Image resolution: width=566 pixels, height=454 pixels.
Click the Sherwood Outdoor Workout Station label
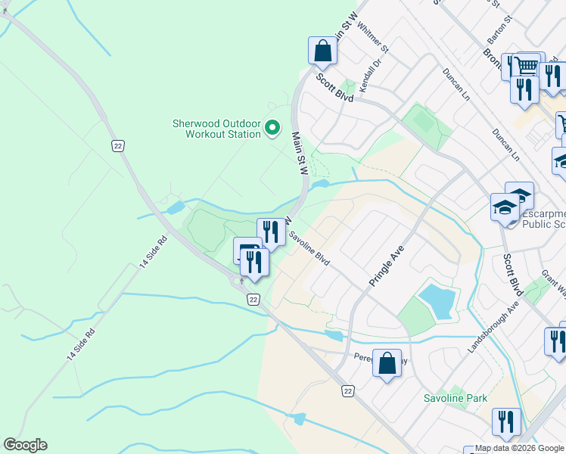[x=216, y=129]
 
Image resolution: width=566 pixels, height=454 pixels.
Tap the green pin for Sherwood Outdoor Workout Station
[x=274, y=129]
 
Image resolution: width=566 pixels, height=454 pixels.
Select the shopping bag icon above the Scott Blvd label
[x=322, y=51]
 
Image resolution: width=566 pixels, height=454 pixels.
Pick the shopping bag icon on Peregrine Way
[x=387, y=364]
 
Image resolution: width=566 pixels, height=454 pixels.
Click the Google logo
[x=25, y=445]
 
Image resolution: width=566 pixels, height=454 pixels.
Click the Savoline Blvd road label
[x=309, y=248]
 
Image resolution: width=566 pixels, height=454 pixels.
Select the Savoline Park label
[x=456, y=398]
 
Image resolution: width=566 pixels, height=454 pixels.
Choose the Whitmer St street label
[x=373, y=39]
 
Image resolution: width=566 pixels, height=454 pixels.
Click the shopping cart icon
[x=530, y=65]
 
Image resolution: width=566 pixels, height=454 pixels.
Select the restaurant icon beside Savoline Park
[x=506, y=422]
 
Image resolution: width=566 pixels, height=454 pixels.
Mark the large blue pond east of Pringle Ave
[x=437, y=300]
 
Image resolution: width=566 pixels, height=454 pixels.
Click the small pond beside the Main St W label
[x=319, y=184]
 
